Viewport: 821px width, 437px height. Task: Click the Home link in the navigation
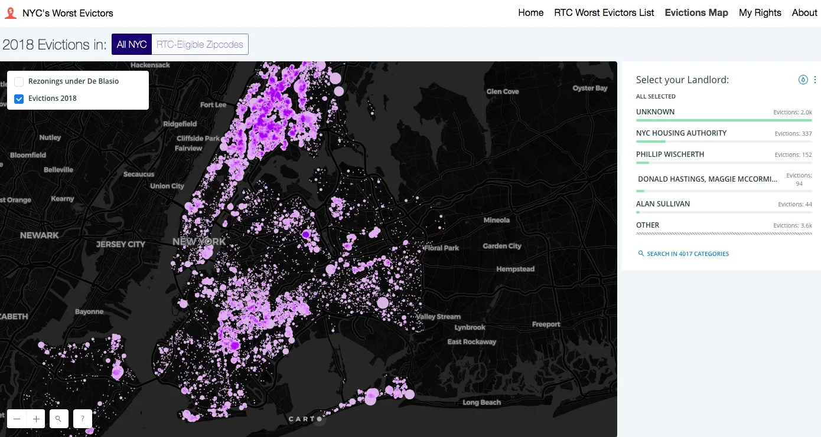pyautogui.click(x=530, y=13)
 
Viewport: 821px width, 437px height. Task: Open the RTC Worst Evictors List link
pyautogui.click(x=604, y=13)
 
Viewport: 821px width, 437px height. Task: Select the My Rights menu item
pyautogui.click(x=760, y=13)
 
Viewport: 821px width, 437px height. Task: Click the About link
pyautogui.click(x=804, y=13)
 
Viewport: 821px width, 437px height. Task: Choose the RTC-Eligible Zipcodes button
pyautogui.click(x=200, y=45)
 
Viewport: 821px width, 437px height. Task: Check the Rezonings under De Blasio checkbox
pyautogui.click(x=19, y=81)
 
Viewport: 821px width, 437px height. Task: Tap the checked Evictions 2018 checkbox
pyautogui.click(x=19, y=98)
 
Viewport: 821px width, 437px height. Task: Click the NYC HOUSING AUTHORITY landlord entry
pyautogui.click(x=681, y=133)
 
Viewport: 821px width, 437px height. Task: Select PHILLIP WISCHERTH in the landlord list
pyautogui.click(x=670, y=155)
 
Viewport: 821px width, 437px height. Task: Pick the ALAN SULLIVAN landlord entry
pyautogui.click(x=663, y=204)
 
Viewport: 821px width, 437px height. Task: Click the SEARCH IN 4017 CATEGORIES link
pyautogui.click(x=688, y=254)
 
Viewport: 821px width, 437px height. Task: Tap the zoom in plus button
pyautogui.click(x=37, y=419)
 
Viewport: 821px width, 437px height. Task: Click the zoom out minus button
pyautogui.click(x=17, y=419)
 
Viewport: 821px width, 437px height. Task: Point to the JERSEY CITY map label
pyautogui.click(x=120, y=244)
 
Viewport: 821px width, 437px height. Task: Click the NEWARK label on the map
pyautogui.click(x=40, y=235)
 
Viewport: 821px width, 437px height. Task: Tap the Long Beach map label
pyautogui.click(x=481, y=403)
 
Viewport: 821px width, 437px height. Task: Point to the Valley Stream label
pyautogui.click(x=438, y=317)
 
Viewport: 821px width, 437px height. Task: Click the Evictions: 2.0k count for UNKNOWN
pyautogui.click(x=793, y=112)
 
